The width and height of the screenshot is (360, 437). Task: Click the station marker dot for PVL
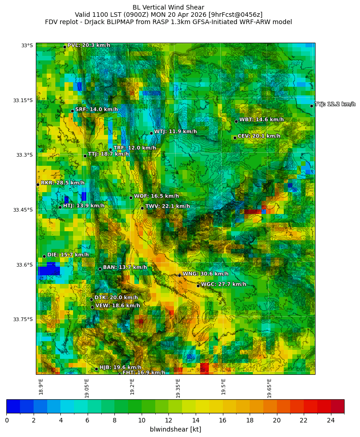(64, 47)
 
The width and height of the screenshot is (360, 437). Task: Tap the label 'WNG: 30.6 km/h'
(205, 274)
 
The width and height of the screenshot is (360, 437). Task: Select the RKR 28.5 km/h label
(63, 183)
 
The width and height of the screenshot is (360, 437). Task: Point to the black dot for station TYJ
(311, 106)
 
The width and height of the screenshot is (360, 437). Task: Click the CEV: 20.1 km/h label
(259, 136)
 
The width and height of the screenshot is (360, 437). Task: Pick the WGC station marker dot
(198, 286)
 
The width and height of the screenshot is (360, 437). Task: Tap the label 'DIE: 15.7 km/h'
(68, 255)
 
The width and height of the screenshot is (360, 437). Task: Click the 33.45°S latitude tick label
(23, 210)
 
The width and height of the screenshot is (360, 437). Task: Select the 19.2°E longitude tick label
(132, 387)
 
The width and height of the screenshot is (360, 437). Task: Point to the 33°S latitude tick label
(27, 45)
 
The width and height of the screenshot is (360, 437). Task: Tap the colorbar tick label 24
(331, 420)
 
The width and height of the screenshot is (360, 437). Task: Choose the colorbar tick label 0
(7, 420)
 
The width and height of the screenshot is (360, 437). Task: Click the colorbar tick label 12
(169, 420)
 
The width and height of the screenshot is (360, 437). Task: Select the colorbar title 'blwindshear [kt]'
(175, 429)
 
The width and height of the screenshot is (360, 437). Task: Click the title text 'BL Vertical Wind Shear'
(168, 7)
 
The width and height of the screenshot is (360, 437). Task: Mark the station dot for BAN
(100, 269)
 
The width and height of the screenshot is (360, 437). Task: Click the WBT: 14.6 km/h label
(261, 120)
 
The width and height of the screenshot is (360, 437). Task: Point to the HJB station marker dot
(96, 369)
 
